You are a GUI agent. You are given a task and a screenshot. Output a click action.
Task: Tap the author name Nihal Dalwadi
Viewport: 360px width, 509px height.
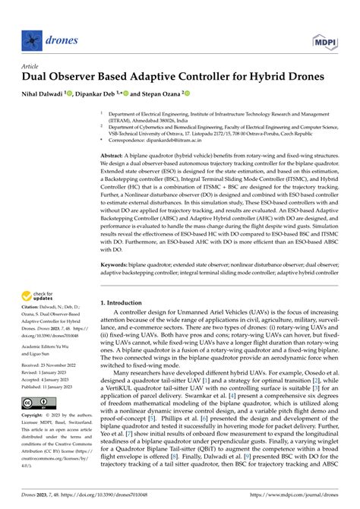click(41, 94)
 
